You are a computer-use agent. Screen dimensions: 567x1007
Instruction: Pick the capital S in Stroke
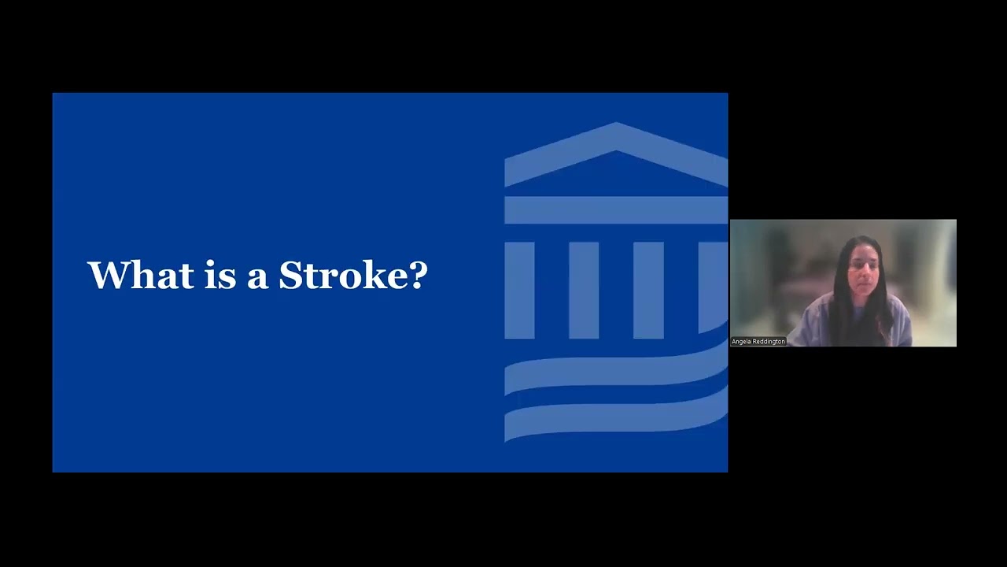tap(290, 275)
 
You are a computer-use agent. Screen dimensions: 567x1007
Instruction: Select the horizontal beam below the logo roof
tap(615, 210)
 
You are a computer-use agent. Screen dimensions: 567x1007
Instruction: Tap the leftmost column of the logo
tap(519, 291)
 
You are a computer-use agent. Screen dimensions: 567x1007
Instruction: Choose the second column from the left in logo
tap(584, 291)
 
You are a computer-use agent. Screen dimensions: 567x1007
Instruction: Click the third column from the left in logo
tap(648, 291)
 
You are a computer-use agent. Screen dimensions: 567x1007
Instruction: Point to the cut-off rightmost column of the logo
tap(713, 287)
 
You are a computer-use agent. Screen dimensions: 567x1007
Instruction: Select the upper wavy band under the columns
tap(615, 373)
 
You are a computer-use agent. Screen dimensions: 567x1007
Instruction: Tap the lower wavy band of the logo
tap(615, 417)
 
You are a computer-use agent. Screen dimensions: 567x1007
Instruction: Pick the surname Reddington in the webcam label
tap(769, 342)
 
